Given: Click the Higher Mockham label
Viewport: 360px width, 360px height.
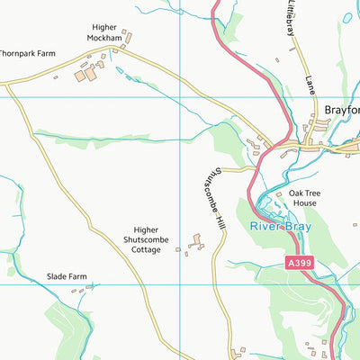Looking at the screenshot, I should click(x=103, y=34).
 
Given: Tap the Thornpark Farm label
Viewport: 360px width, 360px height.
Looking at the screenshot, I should click(x=27, y=54).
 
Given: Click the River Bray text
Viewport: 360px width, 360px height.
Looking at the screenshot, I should click(x=281, y=227).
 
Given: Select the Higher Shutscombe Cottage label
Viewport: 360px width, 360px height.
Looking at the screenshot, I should click(x=145, y=239).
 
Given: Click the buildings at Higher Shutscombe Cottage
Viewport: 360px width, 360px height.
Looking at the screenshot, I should click(x=194, y=241).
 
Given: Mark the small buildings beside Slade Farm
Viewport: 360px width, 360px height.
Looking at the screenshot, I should click(x=89, y=289).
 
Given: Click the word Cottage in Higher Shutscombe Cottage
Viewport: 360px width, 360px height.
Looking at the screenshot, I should click(x=145, y=249).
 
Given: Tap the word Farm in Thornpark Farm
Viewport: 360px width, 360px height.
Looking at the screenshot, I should click(x=45, y=54).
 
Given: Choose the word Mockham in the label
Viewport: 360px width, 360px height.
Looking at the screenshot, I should click(x=103, y=40).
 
